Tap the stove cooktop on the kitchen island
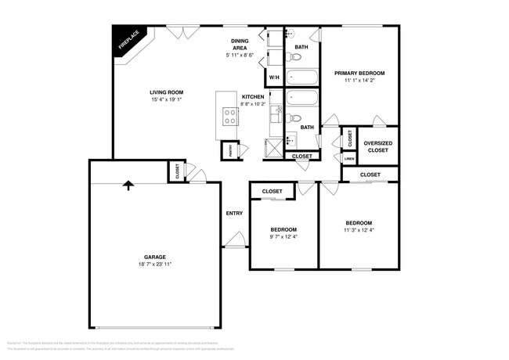[x=231, y=117]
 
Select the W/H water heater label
[x=274, y=77]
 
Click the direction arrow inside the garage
[x=128, y=185]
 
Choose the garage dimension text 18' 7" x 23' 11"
[x=154, y=265]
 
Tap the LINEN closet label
[x=349, y=158]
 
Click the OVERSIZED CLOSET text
[x=377, y=146]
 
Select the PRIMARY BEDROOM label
[x=359, y=73]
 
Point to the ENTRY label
[x=234, y=213]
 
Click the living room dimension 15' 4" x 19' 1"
[x=166, y=99]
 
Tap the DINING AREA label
[x=240, y=45]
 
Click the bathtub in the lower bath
[x=301, y=99]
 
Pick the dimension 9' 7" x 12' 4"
[x=283, y=237]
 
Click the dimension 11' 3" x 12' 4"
[x=359, y=230]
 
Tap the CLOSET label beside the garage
[x=178, y=171]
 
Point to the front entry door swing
[x=233, y=241]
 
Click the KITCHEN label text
[x=253, y=96]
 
